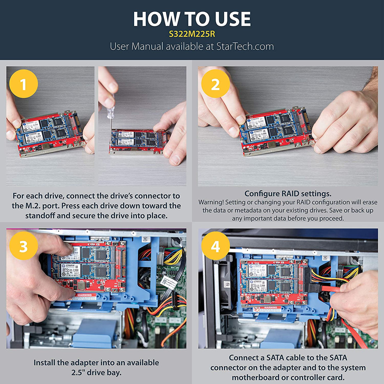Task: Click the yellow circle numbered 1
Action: [x=23, y=84]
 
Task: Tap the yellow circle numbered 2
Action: [x=215, y=84]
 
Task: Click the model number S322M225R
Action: [x=192, y=34]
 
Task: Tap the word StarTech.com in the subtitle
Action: [x=245, y=46]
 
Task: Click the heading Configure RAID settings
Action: [x=288, y=194]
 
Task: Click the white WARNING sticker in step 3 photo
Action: [x=84, y=296]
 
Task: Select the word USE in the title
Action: [x=233, y=19]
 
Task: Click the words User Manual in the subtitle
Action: [x=136, y=46]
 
